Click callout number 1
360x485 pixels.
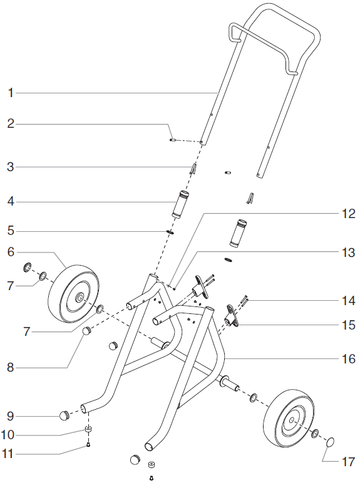[x=10, y=93]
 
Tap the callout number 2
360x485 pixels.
[x=10, y=124]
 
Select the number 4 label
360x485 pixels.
[x=10, y=202]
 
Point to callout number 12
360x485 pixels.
[x=349, y=214]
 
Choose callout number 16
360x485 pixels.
[x=349, y=360]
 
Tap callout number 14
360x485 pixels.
[x=349, y=300]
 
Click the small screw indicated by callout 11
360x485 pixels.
[x=89, y=445]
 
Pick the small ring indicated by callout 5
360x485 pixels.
[x=170, y=231]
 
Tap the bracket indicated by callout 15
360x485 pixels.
[x=232, y=316]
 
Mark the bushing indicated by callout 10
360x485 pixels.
[x=89, y=429]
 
